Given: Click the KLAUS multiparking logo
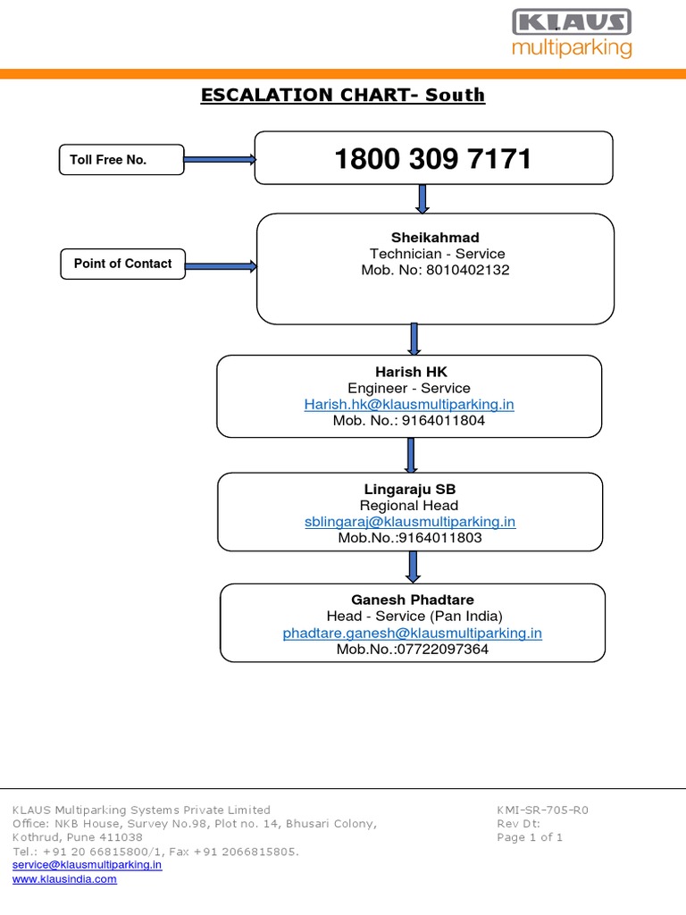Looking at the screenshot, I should (572, 34).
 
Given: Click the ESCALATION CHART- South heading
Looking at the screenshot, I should (343, 95).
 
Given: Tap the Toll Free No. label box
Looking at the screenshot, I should (121, 160).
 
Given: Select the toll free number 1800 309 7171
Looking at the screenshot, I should (433, 159).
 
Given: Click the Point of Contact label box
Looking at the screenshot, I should (123, 264).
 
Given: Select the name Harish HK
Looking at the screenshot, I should (411, 371).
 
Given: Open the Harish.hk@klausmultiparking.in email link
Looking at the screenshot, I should (409, 404).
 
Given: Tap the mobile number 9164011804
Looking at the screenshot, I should (441, 420).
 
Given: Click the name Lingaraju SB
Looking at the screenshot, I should (409, 489).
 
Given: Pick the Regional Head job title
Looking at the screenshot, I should (409, 505).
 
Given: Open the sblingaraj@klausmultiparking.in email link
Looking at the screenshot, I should (409, 522).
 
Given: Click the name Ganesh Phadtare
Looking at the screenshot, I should (412, 600).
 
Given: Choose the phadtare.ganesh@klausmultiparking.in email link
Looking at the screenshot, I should (412, 633).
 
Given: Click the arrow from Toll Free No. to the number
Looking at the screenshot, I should (220, 160).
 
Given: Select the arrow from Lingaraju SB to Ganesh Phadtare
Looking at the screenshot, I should (413, 567).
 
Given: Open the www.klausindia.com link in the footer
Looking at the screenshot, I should (64, 879).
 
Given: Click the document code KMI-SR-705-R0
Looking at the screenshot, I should (542, 810).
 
